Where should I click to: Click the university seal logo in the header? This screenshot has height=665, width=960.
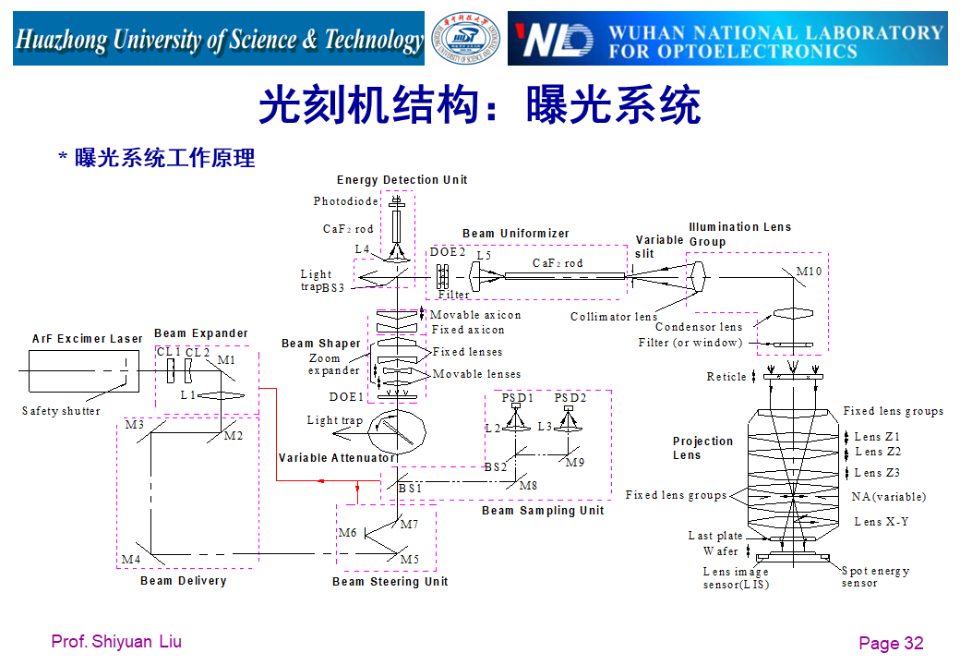467,39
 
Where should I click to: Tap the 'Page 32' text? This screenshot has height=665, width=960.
891,644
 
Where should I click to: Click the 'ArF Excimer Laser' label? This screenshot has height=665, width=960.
88,339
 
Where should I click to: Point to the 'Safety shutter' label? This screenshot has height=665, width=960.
61,411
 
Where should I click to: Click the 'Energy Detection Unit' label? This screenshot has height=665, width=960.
402,180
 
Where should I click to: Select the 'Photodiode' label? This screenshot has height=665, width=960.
345,201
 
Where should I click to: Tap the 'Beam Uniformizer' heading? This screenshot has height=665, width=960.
516,234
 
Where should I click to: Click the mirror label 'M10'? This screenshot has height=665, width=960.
809,271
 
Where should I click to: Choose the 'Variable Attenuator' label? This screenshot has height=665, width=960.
337,458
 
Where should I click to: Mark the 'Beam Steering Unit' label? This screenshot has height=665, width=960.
390,582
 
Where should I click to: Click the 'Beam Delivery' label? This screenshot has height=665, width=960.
183,581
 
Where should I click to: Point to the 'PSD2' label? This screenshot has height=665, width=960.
570,398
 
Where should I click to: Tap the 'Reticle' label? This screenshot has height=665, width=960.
726,377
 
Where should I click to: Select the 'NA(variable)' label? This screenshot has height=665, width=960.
888,497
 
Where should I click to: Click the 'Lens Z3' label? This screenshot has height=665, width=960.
877,473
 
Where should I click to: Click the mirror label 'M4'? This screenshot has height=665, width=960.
131,560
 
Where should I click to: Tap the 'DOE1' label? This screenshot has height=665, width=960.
346,397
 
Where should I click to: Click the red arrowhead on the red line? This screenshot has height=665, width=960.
319,481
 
